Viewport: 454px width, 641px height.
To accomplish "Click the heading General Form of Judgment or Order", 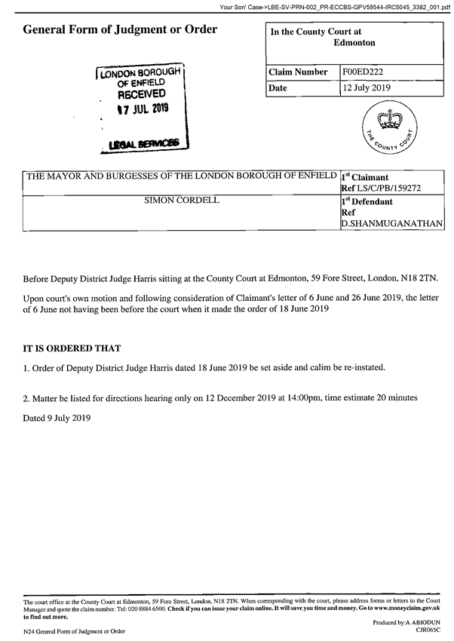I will click(x=121, y=30).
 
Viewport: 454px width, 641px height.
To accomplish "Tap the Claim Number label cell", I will click(x=300, y=72).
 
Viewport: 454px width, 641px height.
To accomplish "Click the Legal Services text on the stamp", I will click(x=143, y=142).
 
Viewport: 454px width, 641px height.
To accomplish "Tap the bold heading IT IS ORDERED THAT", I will click(x=72, y=348).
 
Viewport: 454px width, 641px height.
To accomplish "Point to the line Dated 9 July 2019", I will click(x=57, y=417).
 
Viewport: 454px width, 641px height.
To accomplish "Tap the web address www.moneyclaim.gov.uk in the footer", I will click(x=400, y=606).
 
